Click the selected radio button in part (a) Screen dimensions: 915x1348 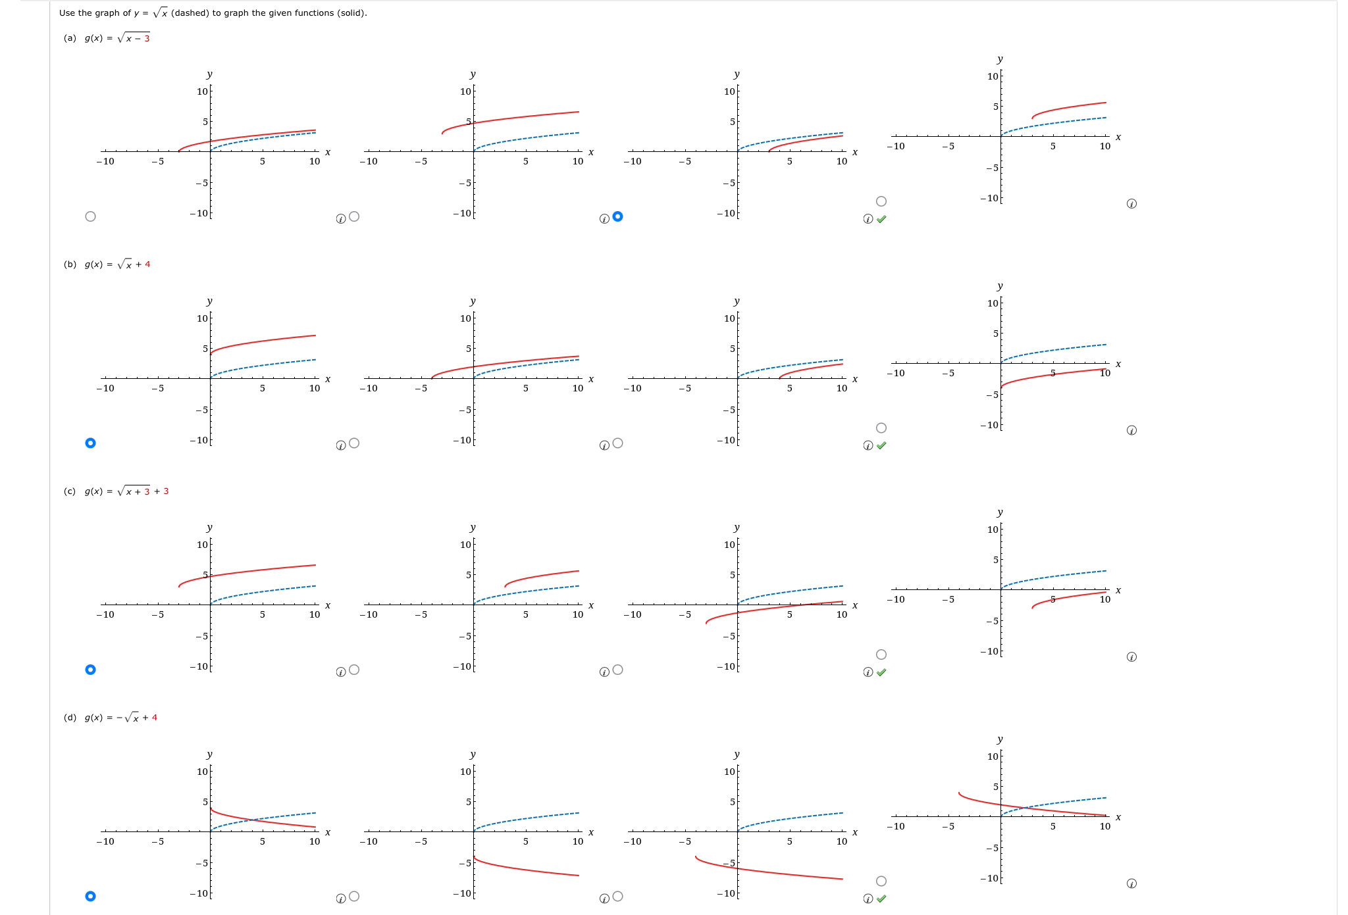(617, 216)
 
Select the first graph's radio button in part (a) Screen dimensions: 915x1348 (91, 216)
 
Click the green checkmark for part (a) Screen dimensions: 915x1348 (881, 219)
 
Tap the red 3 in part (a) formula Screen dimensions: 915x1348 (147, 38)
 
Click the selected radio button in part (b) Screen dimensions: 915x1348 (91, 443)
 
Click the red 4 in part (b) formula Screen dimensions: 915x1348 (147, 264)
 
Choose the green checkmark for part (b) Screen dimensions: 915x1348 (881, 445)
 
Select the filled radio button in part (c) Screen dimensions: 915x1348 (91, 670)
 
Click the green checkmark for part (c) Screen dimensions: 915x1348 (881, 672)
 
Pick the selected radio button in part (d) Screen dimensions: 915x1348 (91, 896)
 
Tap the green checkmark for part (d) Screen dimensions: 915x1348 (881, 899)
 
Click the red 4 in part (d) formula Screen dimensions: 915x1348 (155, 718)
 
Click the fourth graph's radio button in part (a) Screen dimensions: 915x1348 (881, 201)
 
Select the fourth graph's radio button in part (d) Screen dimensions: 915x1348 (881, 881)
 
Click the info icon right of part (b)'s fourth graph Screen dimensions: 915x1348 (1131, 430)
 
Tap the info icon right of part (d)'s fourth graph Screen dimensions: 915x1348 (1131, 883)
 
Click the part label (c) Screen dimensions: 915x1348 (70, 491)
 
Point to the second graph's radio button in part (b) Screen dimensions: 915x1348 (354, 443)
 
